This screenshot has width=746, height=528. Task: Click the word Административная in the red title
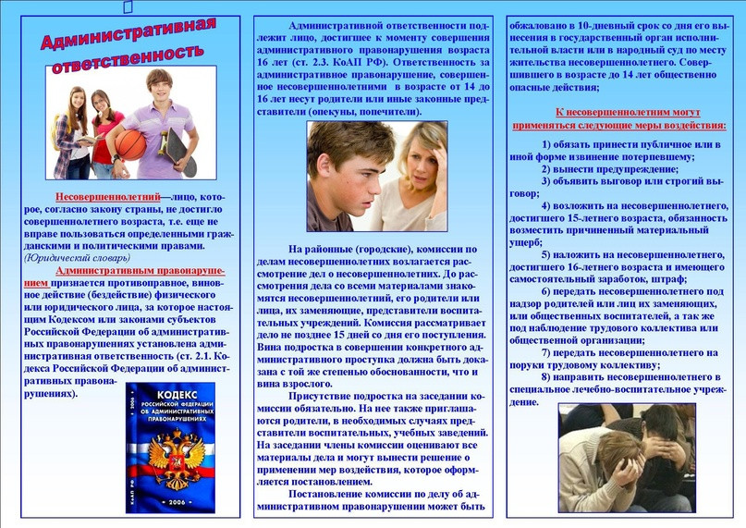(x=128, y=34)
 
